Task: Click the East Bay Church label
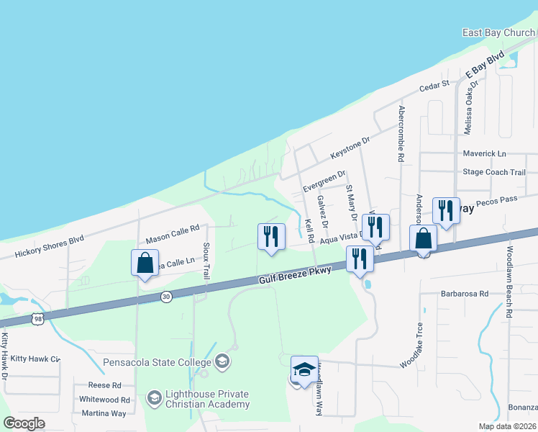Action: [498, 33]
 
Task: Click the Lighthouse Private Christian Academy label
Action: [196, 399]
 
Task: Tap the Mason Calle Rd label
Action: [172, 233]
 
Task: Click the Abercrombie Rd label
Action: [401, 134]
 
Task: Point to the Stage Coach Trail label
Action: [494, 172]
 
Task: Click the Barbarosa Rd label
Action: [465, 294]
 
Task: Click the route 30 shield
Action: [166, 296]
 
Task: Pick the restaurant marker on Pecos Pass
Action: [446, 211]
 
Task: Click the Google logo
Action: [24, 423]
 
